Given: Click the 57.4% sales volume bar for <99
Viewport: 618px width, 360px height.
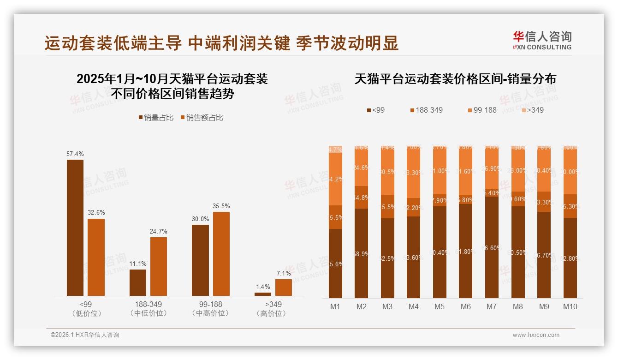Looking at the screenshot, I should point(75,228).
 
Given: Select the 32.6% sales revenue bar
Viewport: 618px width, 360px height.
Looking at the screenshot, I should point(96,257).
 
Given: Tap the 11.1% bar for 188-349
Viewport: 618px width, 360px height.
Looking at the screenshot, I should point(137,282).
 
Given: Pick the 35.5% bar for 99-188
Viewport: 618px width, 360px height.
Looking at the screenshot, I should point(221,253).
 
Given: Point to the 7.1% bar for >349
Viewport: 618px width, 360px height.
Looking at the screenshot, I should point(283,287).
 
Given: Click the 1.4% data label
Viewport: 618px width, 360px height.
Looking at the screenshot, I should point(262,287).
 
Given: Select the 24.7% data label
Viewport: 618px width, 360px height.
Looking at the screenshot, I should point(159,232).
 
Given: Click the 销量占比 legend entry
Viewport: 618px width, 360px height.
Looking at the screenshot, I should point(156,118).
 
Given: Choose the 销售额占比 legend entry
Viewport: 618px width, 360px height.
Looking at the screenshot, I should point(202,118).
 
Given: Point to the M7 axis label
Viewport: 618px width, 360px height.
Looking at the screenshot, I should point(491,306).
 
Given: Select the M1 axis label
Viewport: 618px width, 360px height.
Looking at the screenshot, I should point(335,306).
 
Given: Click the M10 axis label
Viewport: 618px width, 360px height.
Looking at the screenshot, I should point(570,306).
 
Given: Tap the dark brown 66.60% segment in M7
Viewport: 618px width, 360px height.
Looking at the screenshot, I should point(491,247).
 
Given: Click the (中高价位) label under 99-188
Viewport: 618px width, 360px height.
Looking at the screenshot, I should point(210,313).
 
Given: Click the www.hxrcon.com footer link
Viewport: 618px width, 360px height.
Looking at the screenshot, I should point(536,335).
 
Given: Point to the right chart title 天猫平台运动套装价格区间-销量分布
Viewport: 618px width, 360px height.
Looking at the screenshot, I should point(455,79).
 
